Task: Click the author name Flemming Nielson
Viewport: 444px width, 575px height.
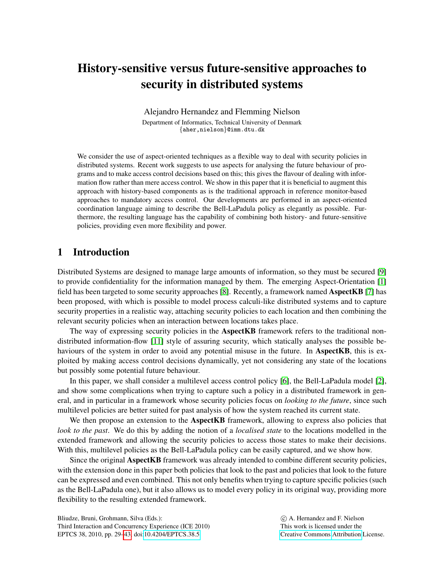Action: coord(267,112)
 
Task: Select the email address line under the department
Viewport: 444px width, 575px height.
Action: coord(222,130)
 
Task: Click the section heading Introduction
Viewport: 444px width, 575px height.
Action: coord(101,252)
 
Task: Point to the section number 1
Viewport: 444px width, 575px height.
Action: coord(60,252)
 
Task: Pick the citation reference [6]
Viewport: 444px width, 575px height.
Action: coord(285,381)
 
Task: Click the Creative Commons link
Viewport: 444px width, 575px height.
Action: coord(305,534)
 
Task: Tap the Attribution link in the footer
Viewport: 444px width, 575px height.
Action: coord(347,534)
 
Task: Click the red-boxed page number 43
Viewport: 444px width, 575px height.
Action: coord(127,534)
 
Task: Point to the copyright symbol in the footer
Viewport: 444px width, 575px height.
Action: coord(283,518)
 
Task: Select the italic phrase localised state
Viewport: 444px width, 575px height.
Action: coord(258,430)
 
